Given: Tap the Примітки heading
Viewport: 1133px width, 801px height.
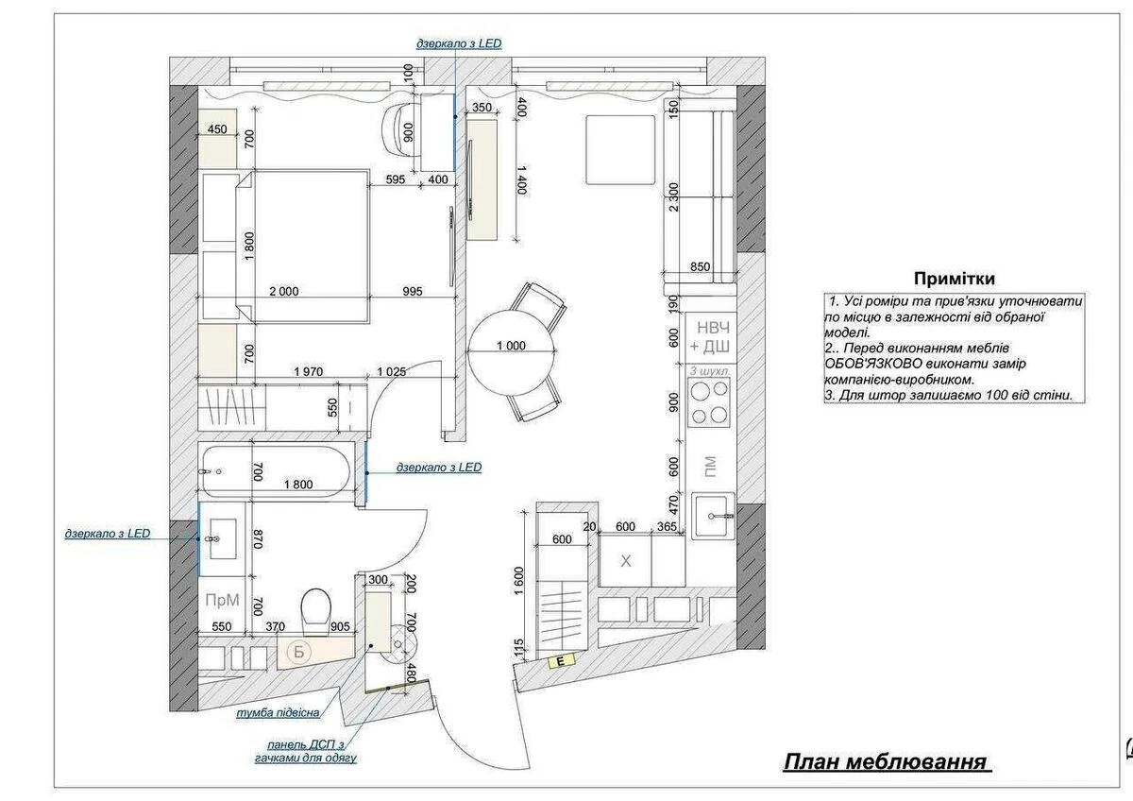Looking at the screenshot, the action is coord(955,279).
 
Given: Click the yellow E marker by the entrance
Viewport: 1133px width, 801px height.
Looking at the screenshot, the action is coord(562,660).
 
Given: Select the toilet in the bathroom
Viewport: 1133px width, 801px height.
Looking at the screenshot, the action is coord(316,610).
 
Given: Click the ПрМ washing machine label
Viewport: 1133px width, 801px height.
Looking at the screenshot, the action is coord(222,600).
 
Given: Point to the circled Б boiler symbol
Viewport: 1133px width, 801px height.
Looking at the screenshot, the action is coord(299,652).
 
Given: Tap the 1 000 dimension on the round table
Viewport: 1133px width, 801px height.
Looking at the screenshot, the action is coord(511,346).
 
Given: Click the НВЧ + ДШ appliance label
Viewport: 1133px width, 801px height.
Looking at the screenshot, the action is coord(710,337).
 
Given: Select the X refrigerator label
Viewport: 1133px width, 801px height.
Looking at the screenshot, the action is coord(626,561).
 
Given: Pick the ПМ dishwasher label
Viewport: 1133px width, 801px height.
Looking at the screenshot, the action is coord(710,467).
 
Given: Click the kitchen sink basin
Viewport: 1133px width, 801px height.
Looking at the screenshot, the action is coord(714,516).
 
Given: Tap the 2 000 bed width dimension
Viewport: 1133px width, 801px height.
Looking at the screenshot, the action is coord(284,292).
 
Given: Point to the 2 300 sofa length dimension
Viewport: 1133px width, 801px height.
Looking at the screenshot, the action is coord(673,197).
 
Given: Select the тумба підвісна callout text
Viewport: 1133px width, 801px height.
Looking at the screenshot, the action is coord(279,713).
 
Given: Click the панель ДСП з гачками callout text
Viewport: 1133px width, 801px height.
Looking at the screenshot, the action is coord(306,752).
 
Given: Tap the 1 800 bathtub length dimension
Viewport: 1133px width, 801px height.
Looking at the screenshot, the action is coord(298,485).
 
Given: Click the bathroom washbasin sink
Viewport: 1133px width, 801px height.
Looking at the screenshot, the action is coord(223,538).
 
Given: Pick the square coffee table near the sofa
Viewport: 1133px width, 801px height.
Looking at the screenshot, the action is coord(620,150).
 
